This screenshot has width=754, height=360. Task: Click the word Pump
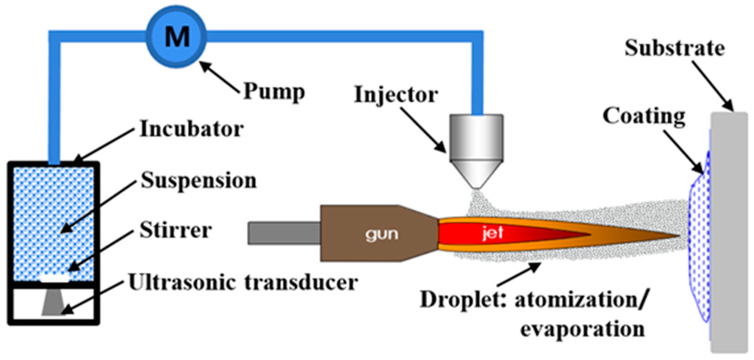pyautogui.click(x=274, y=92)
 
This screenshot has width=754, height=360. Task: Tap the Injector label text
pyautogui.click(x=396, y=95)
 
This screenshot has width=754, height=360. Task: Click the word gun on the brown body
pyautogui.click(x=382, y=234)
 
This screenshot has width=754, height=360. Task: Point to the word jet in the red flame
pyautogui.click(x=492, y=232)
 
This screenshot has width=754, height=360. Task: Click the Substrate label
pyautogui.click(x=674, y=48)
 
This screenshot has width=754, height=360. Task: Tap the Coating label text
pyautogui.click(x=644, y=116)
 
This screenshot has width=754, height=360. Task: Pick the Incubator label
pyautogui.click(x=191, y=129)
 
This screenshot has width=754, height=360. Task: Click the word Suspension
pyautogui.click(x=198, y=181)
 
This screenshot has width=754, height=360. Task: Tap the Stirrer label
pyautogui.click(x=176, y=231)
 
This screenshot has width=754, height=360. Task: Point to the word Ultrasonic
pyautogui.click(x=183, y=282)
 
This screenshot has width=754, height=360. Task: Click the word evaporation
pyautogui.click(x=582, y=329)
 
